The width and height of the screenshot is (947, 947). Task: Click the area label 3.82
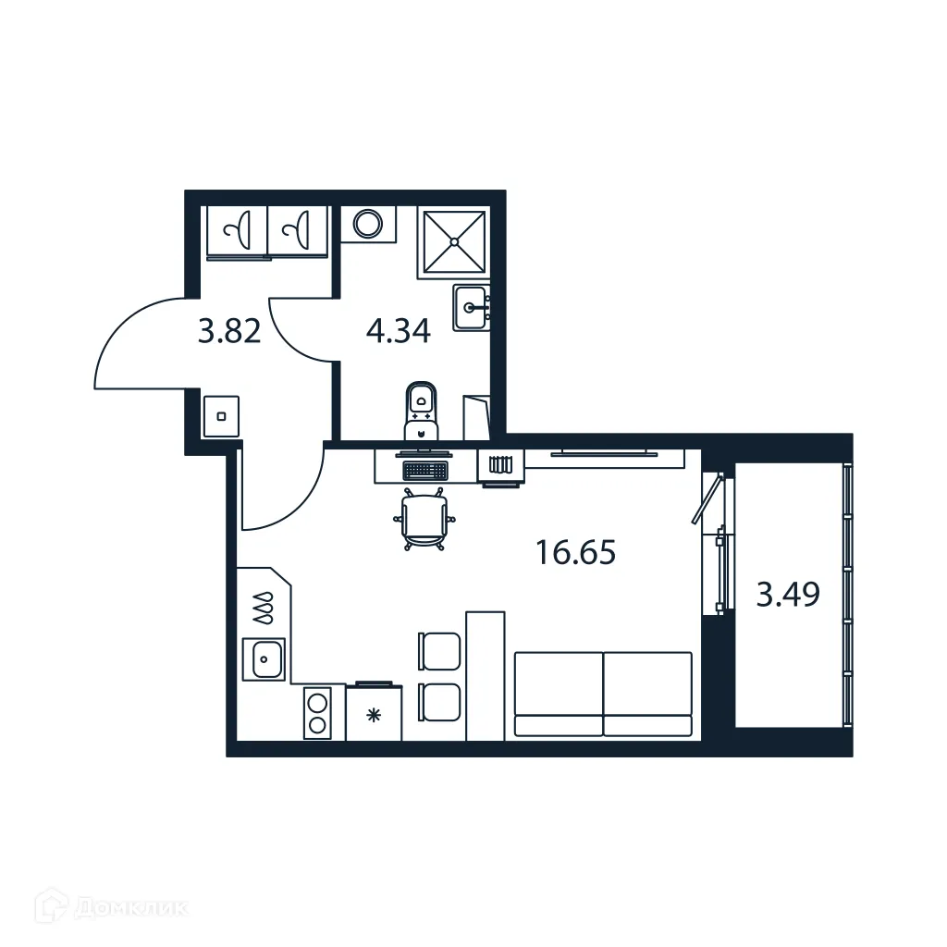tap(229, 330)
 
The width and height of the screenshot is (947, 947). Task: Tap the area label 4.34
tap(398, 330)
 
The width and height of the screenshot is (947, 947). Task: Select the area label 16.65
tap(575, 554)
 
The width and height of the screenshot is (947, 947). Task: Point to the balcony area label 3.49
tap(788, 595)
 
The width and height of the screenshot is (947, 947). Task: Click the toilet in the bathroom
tap(422, 410)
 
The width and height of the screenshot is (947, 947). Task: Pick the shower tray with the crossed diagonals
tap(454, 241)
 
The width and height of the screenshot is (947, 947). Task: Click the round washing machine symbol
tap(368, 224)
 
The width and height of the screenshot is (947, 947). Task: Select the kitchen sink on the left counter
tap(264, 659)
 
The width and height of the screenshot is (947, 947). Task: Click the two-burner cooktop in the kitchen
tap(317, 713)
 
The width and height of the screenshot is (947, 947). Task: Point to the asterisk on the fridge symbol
tap(373, 714)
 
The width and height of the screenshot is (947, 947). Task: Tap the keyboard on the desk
tap(425, 470)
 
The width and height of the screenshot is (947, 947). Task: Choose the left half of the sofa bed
tap(558, 694)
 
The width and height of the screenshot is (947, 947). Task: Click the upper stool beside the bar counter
tap(440, 650)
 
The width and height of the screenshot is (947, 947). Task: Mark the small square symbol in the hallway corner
tap(221, 416)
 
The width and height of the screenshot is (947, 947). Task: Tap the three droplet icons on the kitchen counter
tap(264, 609)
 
